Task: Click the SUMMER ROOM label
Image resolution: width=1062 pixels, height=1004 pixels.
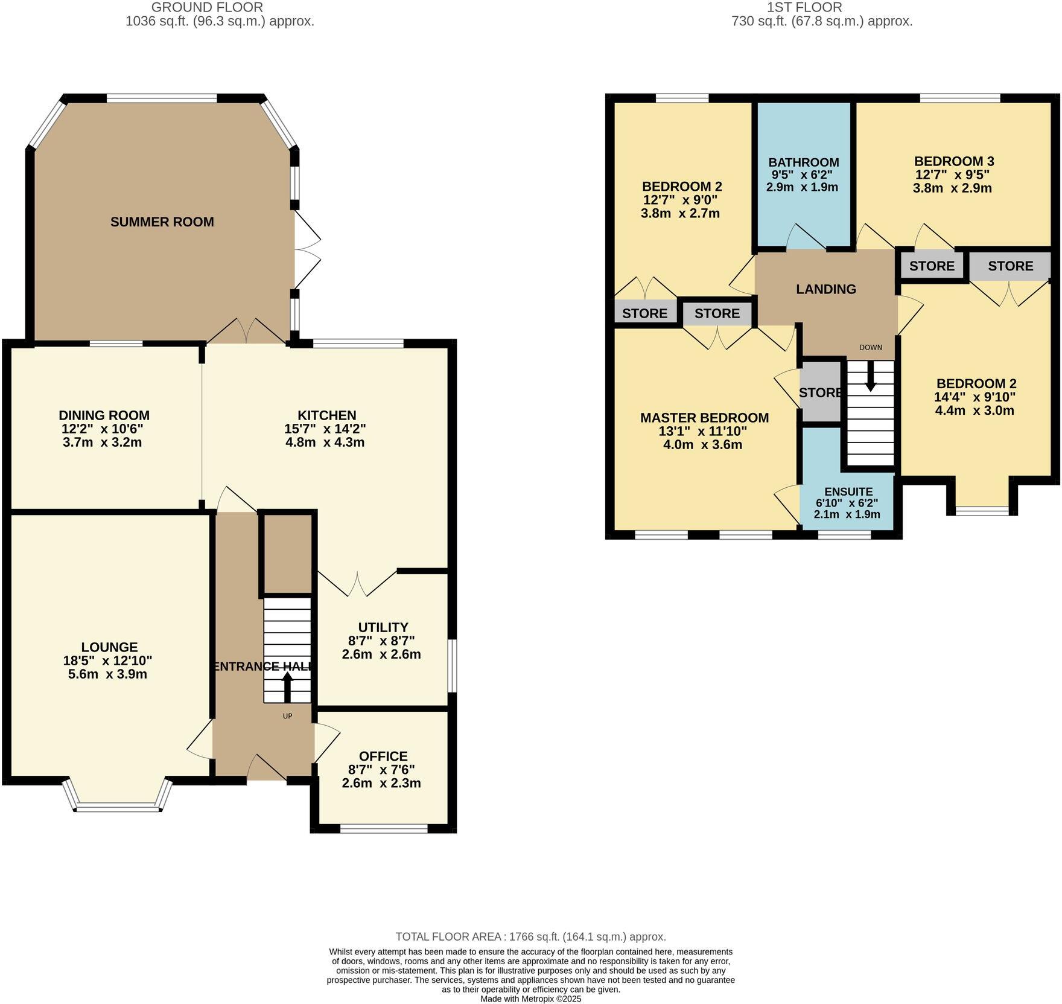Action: click(x=162, y=222)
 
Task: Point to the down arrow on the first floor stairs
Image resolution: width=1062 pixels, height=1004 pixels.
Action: click(x=870, y=380)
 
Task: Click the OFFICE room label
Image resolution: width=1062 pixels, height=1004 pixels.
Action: click(x=383, y=756)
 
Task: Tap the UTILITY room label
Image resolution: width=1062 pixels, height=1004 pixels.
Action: click(x=383, y=627)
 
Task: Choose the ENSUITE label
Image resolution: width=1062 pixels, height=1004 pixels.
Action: click(x=848, y=491)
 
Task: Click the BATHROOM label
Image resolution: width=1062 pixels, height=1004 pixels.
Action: click(x=803, y=162)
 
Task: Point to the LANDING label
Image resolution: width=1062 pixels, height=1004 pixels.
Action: click(x=825, y=289)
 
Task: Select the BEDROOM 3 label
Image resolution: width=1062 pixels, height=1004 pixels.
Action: click(x=953, y=161)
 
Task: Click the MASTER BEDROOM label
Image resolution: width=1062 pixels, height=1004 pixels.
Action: click(x=704, y=418)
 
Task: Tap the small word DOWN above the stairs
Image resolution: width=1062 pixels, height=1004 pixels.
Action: click(x=870, y=347)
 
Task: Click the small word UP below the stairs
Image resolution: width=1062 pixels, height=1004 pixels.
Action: click(x=287, y=717)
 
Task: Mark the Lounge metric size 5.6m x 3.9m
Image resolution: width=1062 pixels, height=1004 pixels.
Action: click(x=107, y=674)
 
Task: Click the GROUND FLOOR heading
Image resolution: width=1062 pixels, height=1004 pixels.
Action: click(x=206, y=7)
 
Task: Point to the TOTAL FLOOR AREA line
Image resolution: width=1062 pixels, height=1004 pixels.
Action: click(x=530, y=937)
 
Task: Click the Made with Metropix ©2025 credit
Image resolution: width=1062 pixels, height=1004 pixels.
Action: click(x=530, y=999)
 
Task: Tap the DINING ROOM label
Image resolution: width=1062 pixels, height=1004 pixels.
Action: click(x=104, y=415)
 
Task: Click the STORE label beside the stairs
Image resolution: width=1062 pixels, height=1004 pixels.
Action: click(x=820, y=393)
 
